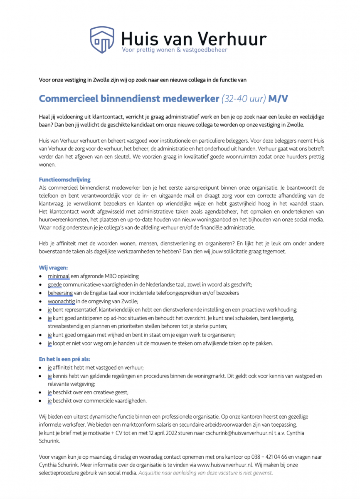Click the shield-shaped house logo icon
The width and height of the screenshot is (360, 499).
tap(102, 40)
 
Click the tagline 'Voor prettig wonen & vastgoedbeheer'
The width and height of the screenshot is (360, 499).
tap(175, 50)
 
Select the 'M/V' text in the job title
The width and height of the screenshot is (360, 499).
tap(278, 99)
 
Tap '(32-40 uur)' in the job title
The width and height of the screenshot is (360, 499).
tap(244, 99)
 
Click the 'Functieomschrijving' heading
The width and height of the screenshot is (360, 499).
tap(64, 180)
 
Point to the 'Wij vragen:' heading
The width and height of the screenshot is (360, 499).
tap(54, 267)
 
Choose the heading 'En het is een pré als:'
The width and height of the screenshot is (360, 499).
tap(64, 359)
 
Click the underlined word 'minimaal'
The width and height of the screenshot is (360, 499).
tap(59, 276)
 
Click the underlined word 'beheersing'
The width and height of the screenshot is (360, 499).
tap(61, 293)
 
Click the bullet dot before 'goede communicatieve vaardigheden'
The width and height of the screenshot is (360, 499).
tap(40, 285)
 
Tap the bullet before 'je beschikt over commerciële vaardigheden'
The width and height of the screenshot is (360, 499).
tap(40, 401)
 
